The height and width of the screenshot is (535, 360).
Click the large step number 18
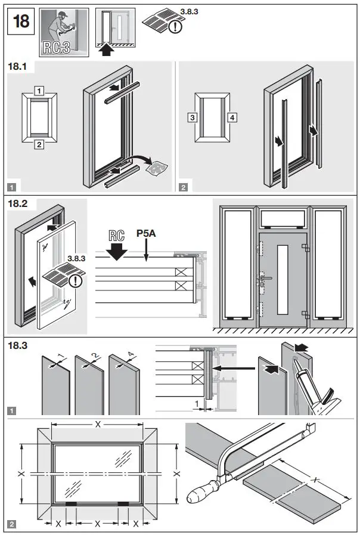tap(21, 21)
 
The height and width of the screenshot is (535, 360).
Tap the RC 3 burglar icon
tap(64, 32)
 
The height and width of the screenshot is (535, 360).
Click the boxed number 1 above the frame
tap(39, 91)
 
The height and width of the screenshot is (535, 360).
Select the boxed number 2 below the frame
tap(39, 144)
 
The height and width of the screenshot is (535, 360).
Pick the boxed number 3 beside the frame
tap(193, 117)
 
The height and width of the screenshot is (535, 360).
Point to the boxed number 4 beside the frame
tap(232, 117)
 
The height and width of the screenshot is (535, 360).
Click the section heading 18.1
tap(17, 66)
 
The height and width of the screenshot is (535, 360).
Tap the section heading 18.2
tap(17, 204)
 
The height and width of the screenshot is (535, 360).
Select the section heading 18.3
tap(17, 346)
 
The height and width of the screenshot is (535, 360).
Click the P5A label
tap(146, 233)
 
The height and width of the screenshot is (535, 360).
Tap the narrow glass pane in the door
tap(283, 280)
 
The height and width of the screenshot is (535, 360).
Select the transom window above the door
tap(283, 219)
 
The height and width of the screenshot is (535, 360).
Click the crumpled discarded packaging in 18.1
tap(157, 168)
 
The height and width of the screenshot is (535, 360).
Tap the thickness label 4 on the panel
tap(132, 355)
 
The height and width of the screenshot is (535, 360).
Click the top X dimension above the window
tap(98, 424)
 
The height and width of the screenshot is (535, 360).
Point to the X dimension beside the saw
tap(316, 480)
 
